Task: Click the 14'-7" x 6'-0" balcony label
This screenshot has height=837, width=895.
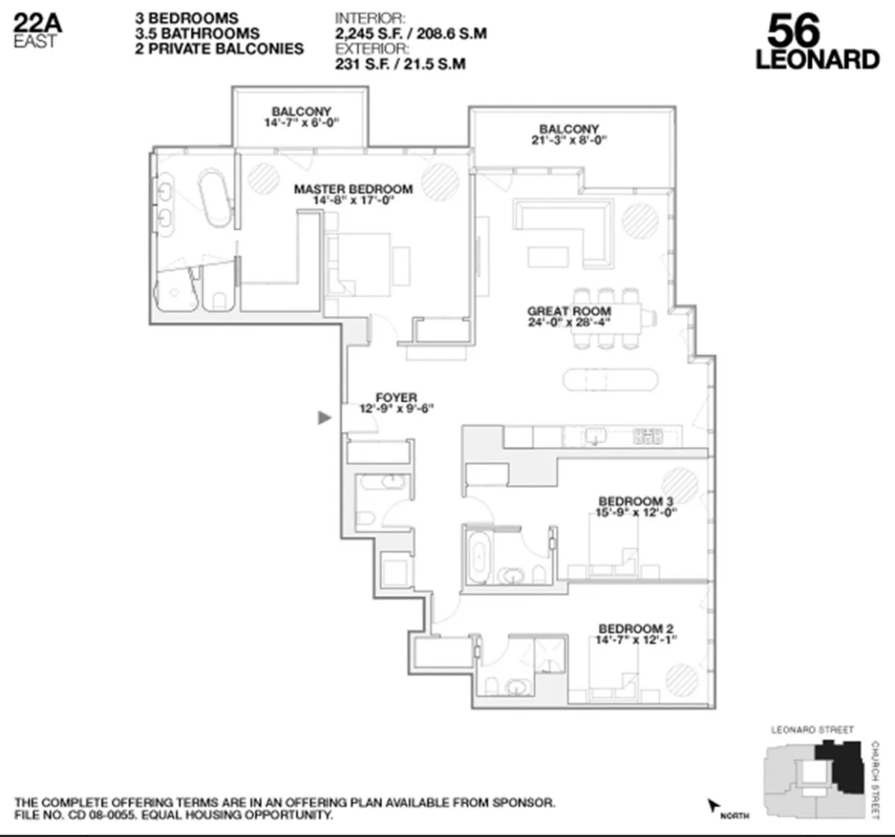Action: [x=301, y=117]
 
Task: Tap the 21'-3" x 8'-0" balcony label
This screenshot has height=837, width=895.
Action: [x=569, y=134]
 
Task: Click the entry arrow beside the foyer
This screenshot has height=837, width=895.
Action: [x=324, y=417]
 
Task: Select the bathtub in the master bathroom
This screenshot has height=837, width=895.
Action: [x=215, y=198]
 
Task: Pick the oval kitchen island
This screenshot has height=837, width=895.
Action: [x=611, y=379]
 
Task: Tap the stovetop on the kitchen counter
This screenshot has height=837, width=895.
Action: [x=647, y=436]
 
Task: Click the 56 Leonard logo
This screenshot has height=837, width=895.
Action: [x=817, y=42]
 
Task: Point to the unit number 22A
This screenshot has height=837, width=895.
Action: [x=37, y=22]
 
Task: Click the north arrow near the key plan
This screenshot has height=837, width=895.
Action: [x=713, y=805]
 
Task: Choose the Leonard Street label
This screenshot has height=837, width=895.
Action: [x=812, y=730]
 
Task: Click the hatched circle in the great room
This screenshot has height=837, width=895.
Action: [x=640, y=221]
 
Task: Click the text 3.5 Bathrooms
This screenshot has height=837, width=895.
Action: [x=198, y=34]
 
